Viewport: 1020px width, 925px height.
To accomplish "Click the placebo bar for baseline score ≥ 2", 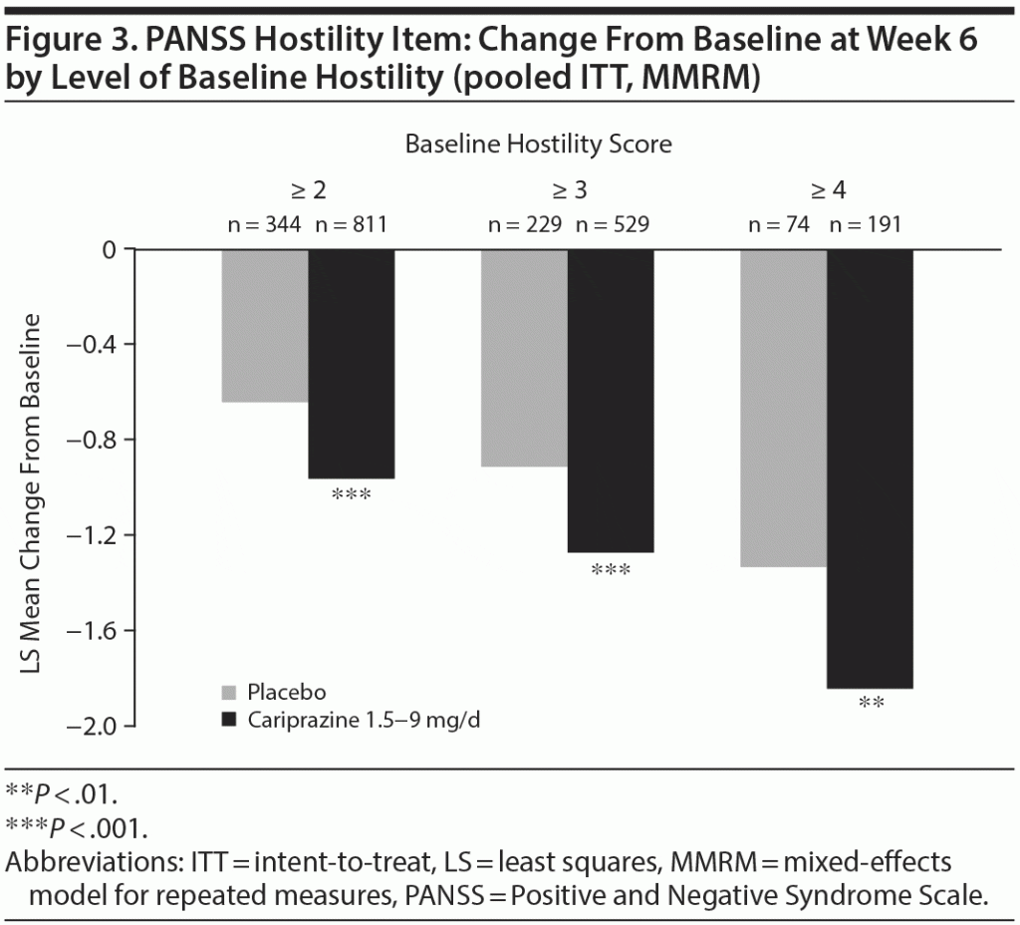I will pyautogui.click(x=264, y=325).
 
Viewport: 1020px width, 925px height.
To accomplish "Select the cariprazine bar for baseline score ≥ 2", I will pyautogui.click(x=351, y=364).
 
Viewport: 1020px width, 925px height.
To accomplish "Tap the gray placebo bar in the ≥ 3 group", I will pyautogui.click(x=524, y=358).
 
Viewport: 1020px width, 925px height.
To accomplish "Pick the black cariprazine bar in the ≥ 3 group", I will pyautogui.click(x=611, y=400).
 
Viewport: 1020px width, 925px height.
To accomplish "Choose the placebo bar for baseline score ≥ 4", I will pyautogui.click(x=783, y=408).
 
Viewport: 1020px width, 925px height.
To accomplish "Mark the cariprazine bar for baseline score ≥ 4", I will pyautogui.click(x=870, y=468).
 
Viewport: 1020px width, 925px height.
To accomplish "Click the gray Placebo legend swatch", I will pyautogui.click(x=228, y=692).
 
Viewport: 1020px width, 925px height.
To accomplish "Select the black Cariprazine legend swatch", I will pyautogui.click(x=228, y=719).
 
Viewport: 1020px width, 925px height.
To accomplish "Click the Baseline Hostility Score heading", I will pyautogui.click(x=538, y=145).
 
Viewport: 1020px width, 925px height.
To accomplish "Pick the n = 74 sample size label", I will pyautogui.click(x=781, y=225).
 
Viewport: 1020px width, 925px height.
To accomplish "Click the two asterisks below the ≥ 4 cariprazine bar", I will pyautogui.click(x=871, y=703).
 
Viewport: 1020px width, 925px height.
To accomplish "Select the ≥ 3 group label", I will pyautogui.click(x=568, y=190).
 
